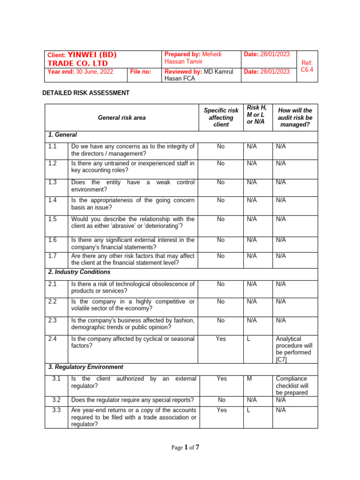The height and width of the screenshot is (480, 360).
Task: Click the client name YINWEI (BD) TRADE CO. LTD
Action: click(x=82, y=59)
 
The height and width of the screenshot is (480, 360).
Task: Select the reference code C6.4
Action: click(x=307, y=66)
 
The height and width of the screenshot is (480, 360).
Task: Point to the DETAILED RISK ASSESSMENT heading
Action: click(x=86, y=93)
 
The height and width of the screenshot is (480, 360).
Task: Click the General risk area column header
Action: click(x=121, y=118)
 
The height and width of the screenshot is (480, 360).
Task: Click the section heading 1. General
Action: click(x=62, y=135)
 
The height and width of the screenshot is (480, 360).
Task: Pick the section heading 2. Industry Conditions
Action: click(x=79, y=272)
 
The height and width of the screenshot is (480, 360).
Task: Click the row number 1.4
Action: click(x=52, y=200)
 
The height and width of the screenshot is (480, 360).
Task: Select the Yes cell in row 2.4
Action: click(x=221, y=338)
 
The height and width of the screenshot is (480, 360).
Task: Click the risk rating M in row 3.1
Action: click(x=249, y=378)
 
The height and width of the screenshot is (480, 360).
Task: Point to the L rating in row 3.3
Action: click(x=249, y=410)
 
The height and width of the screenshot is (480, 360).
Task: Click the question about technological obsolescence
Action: click(x=133, y=287)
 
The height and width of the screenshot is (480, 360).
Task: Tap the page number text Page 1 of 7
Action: click(x=185, y=448)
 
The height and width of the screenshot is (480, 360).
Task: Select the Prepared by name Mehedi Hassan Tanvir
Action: click(x=193, y=58)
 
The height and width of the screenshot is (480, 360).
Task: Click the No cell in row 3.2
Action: click(x=221, y=400)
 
